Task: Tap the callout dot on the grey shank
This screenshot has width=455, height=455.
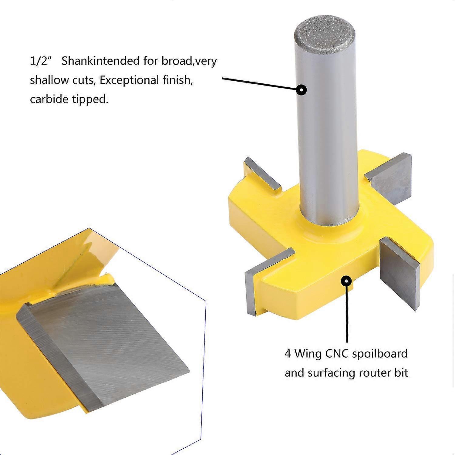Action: (301, 90)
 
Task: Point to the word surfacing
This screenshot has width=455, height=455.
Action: (331, 373)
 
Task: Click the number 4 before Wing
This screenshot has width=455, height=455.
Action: (288, 354)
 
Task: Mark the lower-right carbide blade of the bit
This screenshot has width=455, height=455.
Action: (400, 275)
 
